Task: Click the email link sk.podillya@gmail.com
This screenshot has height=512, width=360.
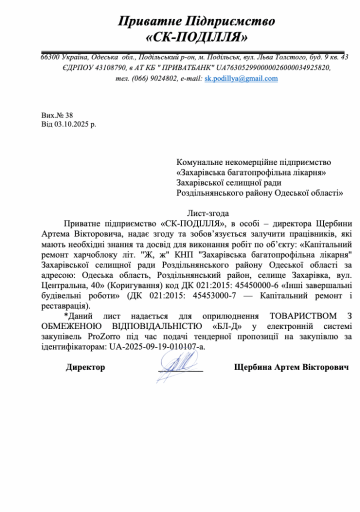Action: coord(241,78)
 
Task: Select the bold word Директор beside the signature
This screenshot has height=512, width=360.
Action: coord(85,367)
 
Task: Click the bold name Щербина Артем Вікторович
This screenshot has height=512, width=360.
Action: coord(291,367)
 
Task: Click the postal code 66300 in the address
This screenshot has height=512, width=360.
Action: coord(50,57)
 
